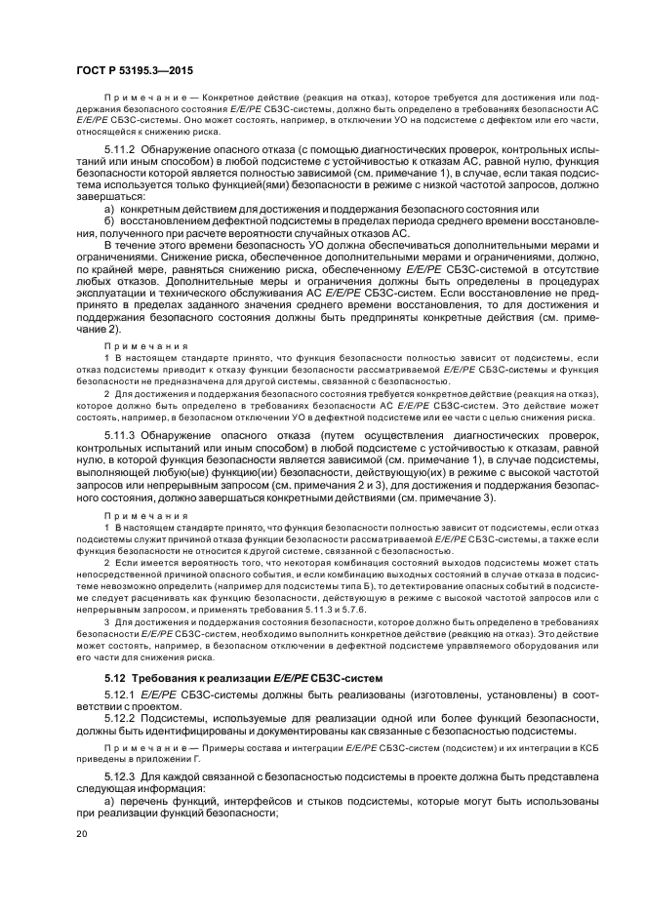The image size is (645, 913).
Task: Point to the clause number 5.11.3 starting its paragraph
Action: (x=121, y=432)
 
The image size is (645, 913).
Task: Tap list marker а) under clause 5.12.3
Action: (x=110, y=800)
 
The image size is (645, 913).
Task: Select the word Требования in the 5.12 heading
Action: (x=170, y=677)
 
